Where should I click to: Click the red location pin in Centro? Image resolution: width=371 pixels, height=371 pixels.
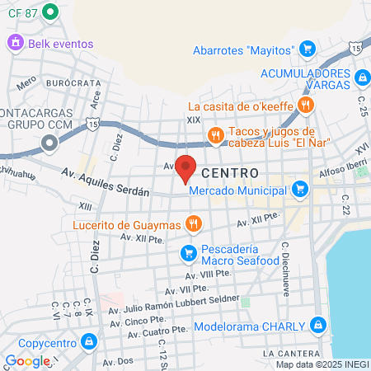pos(186,167)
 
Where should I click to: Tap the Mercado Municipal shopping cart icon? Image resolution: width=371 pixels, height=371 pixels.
pos(298,191)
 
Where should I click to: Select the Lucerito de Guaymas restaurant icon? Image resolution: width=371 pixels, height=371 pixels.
pos(194,223)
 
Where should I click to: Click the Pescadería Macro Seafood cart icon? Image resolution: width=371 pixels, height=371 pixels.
pos(189,252)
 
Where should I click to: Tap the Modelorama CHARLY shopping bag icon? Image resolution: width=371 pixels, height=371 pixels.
pos(319,324)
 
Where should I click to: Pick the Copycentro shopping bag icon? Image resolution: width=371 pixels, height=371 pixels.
pos(89,341)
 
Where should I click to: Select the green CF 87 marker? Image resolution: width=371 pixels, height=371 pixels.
pos(49,12)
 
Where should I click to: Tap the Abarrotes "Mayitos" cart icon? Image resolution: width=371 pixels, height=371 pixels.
pos(307,49)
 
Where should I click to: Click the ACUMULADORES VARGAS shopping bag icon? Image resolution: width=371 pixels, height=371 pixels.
pos(362,76)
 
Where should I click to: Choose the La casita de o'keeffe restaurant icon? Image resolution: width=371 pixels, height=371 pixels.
pos(306,105)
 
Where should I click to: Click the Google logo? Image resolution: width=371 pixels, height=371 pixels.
pos(28,361)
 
